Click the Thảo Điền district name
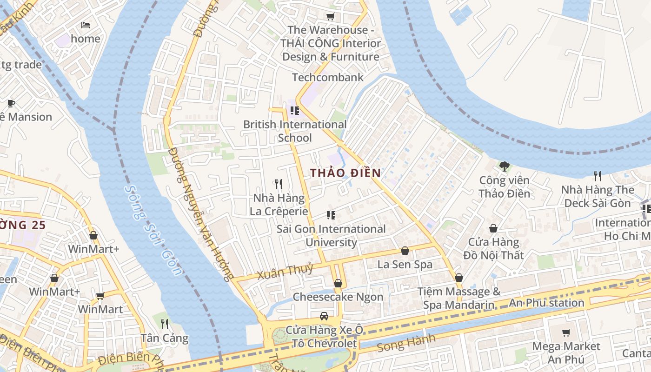click(345, 173)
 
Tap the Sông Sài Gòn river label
click(153, 231)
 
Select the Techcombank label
click(327, 77)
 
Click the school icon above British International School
click(294, 111)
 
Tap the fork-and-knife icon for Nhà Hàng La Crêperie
click(279, 184)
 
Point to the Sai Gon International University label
click(331, 236)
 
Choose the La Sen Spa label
click(405, 265)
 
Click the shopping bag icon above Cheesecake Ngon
click(338, 283)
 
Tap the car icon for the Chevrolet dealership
click(324, 316)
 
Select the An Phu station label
click(546, 303)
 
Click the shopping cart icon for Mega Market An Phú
click(566, 332)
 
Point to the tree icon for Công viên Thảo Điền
click(504, 166)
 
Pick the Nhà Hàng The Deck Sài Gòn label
click(598, 197)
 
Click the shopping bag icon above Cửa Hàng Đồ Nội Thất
click(493, 228)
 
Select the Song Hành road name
click(406, 343)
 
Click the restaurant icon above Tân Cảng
click(164, 324)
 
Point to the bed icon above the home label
click(86, 25)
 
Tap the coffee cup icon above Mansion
click(11, 103)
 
